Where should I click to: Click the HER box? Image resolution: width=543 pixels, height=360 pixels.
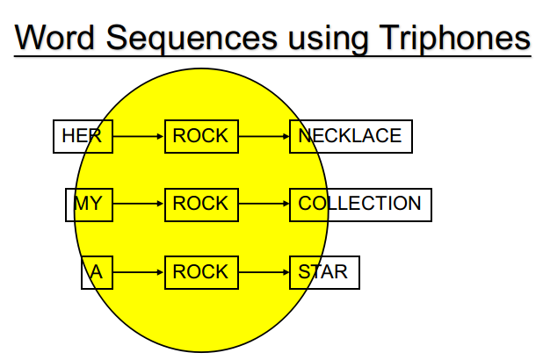click(83, 136)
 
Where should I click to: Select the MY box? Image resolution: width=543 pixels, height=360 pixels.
click(89, 205)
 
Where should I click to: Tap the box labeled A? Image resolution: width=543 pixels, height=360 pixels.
click(97, 272)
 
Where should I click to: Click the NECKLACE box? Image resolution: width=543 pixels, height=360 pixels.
click(351, 136)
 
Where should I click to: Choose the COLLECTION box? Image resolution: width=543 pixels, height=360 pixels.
click(360, 205)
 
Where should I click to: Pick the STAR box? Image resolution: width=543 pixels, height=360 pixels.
click(324, 272)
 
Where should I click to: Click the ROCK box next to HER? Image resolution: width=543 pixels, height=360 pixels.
click(201, 136)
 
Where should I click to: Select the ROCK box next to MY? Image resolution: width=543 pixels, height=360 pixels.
click(201, 205)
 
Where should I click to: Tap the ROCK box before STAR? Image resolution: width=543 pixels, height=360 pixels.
click(201, 272)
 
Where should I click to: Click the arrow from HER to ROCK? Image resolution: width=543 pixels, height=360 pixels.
click(139, 136)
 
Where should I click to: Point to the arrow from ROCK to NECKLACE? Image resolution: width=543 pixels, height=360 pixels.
click(264, 136)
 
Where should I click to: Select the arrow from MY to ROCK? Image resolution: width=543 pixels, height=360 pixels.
click(139, 204)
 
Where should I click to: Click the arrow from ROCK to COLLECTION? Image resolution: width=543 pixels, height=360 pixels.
click(264, 204)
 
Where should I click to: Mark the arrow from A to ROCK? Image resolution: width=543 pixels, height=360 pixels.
click(139, 272)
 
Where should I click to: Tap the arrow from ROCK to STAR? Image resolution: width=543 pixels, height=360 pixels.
click(264, 272)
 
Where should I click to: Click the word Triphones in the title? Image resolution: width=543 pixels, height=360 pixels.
click(454, 38)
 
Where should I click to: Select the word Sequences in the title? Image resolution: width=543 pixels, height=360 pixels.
click(192, 38)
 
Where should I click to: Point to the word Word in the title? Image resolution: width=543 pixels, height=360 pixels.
click(54, 37)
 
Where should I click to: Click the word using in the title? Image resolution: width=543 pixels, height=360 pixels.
click(328, 39)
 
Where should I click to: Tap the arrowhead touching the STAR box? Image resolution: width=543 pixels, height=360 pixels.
click(286, 272)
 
